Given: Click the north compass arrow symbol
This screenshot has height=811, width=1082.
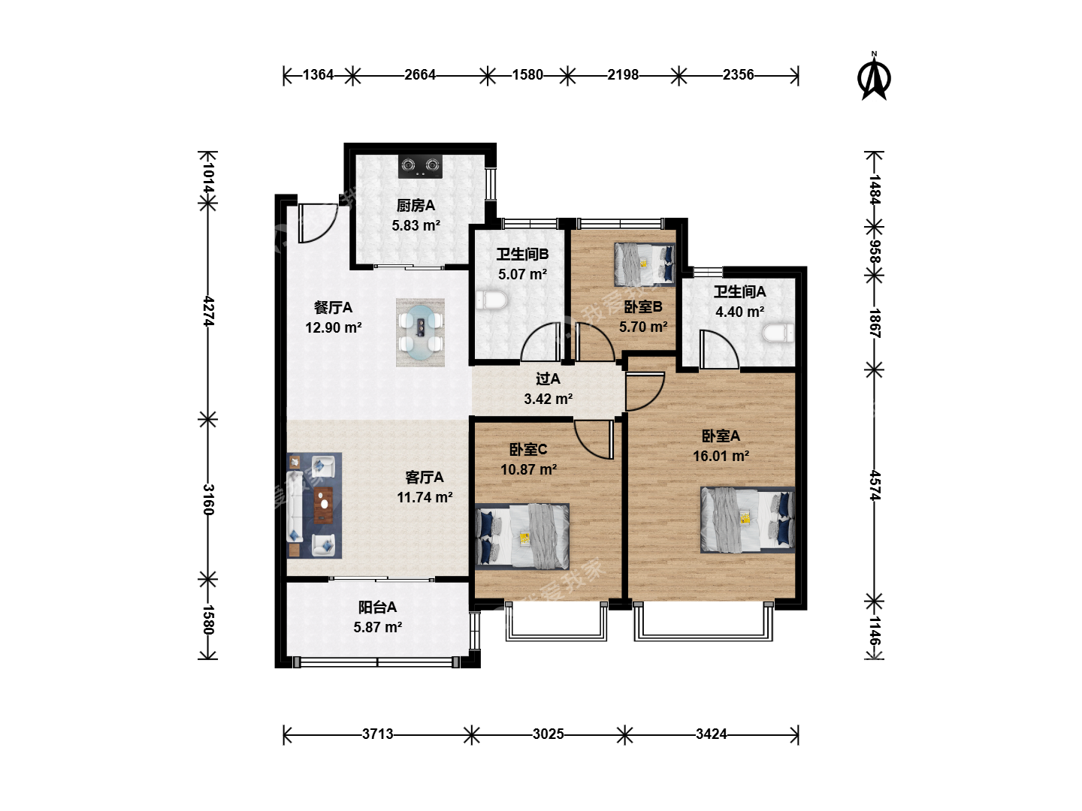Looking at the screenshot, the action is click(873, 79).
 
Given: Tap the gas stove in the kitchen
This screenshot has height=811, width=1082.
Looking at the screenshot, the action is click(420, 167).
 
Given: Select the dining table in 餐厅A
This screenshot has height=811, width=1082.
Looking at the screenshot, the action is click(420, 333).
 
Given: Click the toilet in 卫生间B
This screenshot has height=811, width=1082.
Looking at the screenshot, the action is click(491, 300).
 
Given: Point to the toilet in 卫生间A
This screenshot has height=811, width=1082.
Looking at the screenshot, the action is click(778, 333).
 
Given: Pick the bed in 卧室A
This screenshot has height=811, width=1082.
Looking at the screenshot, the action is click(748, 520).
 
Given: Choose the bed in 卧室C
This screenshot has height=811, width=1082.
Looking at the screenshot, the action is click(522, 536).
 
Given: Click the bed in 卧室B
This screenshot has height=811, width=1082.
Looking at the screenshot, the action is click(644, 264).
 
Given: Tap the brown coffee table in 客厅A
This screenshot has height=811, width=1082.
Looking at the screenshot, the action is click(323, 505).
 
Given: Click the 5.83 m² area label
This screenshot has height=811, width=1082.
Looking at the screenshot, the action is click(416, 225).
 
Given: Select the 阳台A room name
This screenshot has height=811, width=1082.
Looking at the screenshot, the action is click(377, 607).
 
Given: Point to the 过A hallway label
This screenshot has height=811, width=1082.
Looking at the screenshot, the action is click(548, 378).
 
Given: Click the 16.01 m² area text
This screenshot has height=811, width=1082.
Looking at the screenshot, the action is click(721, 456).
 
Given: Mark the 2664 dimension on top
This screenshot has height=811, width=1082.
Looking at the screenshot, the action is click(419, 75).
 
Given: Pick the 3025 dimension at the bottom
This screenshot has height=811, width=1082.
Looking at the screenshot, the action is click(549, 734).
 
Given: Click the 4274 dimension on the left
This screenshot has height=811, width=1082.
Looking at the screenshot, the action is click(209, 311).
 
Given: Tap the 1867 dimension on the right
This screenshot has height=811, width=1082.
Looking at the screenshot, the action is click(874, 323).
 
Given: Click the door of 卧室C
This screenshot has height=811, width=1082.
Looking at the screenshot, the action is click(594, 440).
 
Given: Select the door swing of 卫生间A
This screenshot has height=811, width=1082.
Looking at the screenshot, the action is click(719, 349).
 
